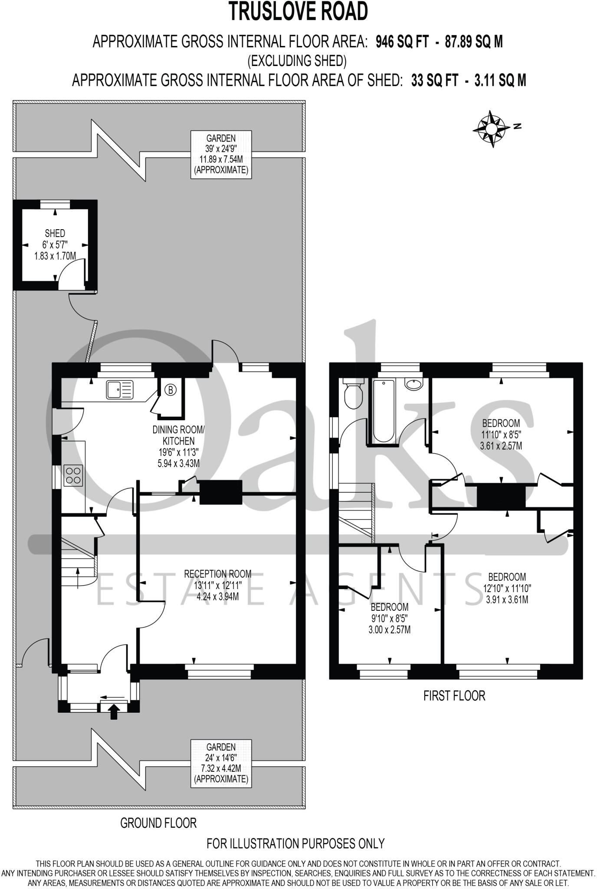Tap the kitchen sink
click(120, 389)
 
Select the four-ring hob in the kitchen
click(73, 475)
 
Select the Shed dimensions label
click(55, 245)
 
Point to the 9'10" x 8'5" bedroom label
click(389, 618)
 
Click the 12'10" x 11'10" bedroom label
click(507, 588)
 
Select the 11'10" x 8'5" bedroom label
click(501, 434)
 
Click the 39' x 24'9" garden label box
click(221, 154)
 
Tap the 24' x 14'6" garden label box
click(221, 763)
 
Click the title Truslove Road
click(298, 12)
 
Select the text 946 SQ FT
click(402, 42)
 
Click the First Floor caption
click(454, 696)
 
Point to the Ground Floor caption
click(158, 823)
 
